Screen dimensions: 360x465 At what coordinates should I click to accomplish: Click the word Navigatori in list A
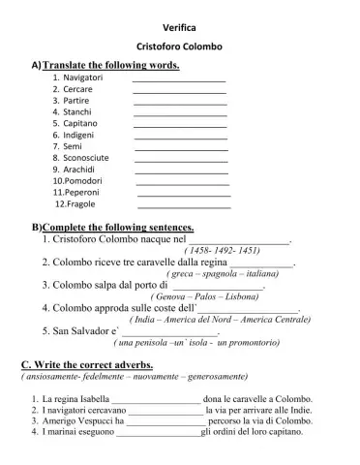pos(83,77)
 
